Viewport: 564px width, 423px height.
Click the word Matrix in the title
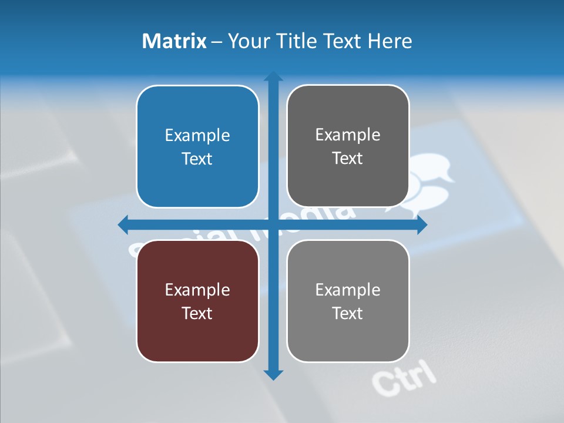(x=174, y=41)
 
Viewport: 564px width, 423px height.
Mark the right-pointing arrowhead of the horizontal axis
(x=421, y=224)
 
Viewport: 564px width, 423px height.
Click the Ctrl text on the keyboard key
(x=405, y=378)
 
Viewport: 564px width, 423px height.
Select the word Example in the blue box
(x=197, y=136)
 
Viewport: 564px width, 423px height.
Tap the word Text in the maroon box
(x=197, y=313)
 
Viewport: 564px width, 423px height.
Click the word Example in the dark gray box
(x=348, y=135)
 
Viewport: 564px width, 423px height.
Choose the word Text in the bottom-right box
(x=348, y=313)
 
